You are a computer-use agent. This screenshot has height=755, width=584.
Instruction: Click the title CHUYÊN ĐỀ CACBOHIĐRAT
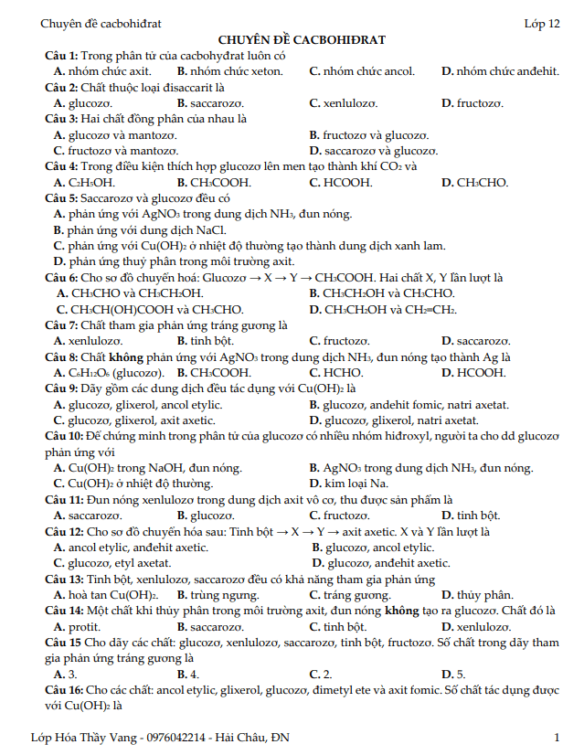tap(302, 40)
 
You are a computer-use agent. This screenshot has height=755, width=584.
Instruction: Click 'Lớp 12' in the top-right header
tap(542, 24)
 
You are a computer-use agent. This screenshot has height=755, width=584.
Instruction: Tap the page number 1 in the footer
tap(557, 737)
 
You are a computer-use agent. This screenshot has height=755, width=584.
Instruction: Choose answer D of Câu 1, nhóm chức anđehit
tap(499, 70)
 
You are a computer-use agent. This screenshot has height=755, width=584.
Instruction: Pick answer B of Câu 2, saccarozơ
tap(209, 103)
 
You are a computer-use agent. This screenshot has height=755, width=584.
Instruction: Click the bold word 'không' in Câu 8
tap(139, 357)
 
